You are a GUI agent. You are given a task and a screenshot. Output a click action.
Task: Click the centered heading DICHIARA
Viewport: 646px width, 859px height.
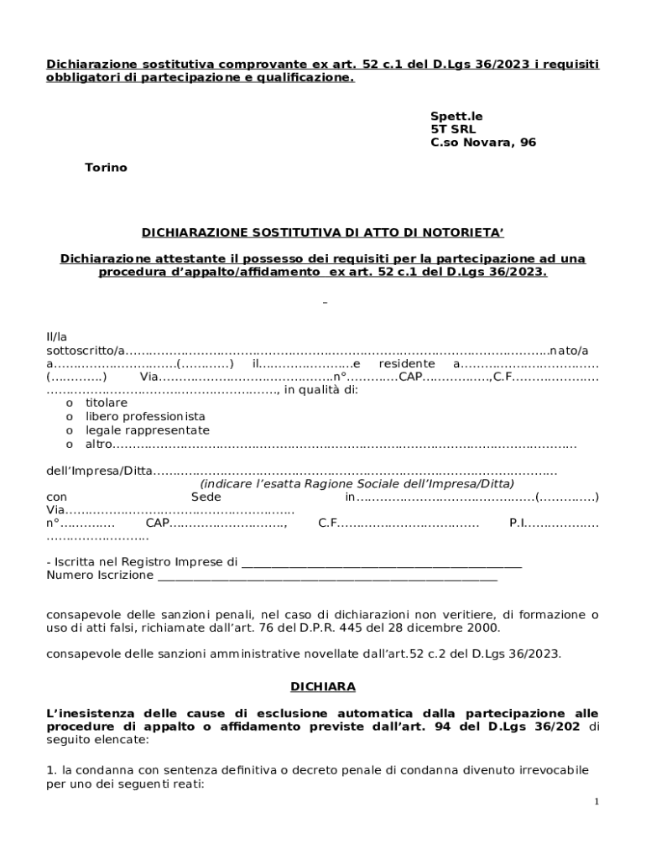(x=323, y=686)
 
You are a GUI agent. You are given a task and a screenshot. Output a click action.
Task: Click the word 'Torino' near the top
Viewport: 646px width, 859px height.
(x=106, y=168)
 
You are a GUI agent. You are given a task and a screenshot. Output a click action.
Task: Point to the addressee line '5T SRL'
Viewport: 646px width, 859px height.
(x=453, y=129)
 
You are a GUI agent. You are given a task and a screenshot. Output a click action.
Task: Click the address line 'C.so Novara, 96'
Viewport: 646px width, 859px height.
(x=483, y=143)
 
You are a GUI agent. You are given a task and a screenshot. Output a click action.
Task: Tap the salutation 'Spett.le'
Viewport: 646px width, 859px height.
(x=456, y=116)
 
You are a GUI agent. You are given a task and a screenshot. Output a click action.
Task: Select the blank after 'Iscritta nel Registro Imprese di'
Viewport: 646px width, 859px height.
(x=381, y=563)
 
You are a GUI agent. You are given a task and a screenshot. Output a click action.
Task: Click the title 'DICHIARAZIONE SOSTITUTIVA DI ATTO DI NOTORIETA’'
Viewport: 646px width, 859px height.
(x=323, y=232)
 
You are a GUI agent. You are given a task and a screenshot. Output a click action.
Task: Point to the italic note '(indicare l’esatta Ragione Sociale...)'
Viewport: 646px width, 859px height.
(x=357, y=484)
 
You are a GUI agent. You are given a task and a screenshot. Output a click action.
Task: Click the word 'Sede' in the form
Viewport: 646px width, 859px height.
(x=206, y=497)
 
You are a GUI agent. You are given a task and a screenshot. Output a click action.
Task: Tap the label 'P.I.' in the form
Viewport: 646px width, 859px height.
(x=517, y=523)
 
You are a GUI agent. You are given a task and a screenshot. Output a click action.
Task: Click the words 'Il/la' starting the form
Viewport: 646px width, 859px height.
(x=56, y=336)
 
